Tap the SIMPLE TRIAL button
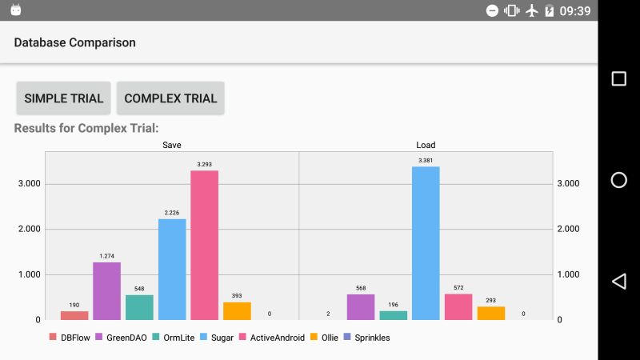click(x=64, y=98)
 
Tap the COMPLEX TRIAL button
click(x=170, y=98)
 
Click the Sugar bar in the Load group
click(x=426, y=243)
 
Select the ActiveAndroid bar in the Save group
click(x=204, y=246)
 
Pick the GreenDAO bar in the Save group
click(x=106, y=291)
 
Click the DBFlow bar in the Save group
click(x=74, y=315)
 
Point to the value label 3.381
click(x=426, y=160)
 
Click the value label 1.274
click(x=106, y=256)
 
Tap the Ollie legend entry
click(x=325, y=338)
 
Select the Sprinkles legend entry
click(x=366, y=338)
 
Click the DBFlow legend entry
click(x=70, y=338)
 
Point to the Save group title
click(x=172, y=145)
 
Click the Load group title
click(x=426, y=145)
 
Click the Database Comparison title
click(x=74, y=42)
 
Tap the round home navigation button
click(x=618, y=180)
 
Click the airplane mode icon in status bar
click(x=531, y=11)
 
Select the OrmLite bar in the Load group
click(x=393, y=315)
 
